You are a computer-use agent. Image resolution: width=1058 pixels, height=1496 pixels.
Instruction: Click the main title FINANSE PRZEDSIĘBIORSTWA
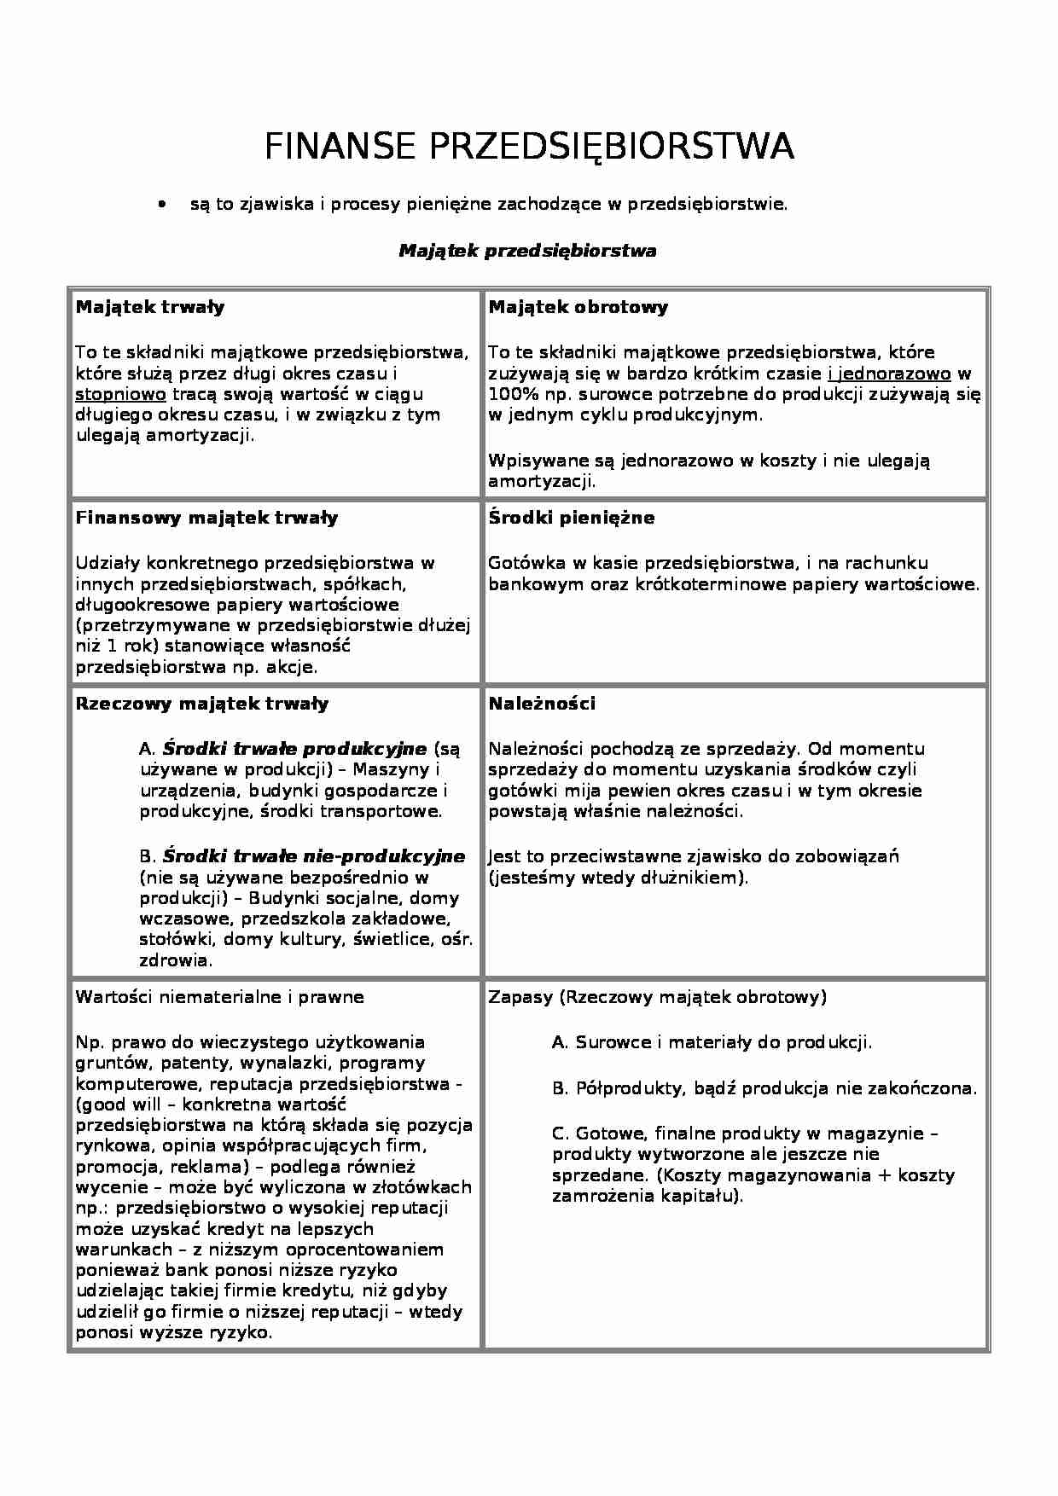coord(529,147)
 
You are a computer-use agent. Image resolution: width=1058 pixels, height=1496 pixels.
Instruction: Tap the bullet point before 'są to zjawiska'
coord(160,206)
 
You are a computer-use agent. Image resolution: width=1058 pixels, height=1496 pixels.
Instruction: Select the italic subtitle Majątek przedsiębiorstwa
coord(527,251)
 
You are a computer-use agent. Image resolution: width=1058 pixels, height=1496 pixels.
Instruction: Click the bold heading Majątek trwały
coord(150,307)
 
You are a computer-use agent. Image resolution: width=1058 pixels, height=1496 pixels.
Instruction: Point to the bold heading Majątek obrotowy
coord(578,307)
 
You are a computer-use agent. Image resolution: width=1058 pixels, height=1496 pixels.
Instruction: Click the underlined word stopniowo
coord(120,394)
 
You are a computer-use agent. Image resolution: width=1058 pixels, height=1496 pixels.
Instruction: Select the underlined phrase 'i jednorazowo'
coord(888,374)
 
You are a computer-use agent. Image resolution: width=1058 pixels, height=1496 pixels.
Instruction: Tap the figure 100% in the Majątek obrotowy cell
coord(509,394)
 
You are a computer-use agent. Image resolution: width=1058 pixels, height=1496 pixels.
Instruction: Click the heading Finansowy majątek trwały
coord(206,518)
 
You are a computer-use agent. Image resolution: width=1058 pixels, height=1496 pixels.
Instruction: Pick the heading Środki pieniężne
coord(571,518)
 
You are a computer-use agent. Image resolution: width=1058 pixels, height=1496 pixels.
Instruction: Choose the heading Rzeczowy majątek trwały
coord(201,704)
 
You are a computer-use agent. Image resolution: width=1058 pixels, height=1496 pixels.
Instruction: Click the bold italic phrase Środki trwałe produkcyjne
coord(294,749)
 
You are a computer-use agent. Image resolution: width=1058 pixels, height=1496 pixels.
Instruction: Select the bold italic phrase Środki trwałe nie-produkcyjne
coord(313,856)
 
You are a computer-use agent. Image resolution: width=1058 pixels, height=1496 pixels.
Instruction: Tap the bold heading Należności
coord(542,704)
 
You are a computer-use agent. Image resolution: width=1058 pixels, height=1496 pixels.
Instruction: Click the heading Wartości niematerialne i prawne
coord(219,997)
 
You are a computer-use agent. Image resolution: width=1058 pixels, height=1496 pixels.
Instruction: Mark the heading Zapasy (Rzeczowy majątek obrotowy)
coord(657,997)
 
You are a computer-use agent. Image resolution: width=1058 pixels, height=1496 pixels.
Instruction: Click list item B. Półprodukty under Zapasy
coord(764,1088)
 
